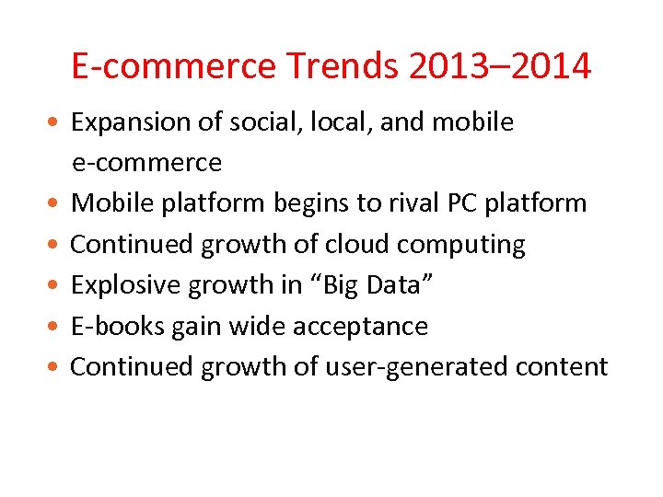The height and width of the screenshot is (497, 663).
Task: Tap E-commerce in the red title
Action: coord(172,66)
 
